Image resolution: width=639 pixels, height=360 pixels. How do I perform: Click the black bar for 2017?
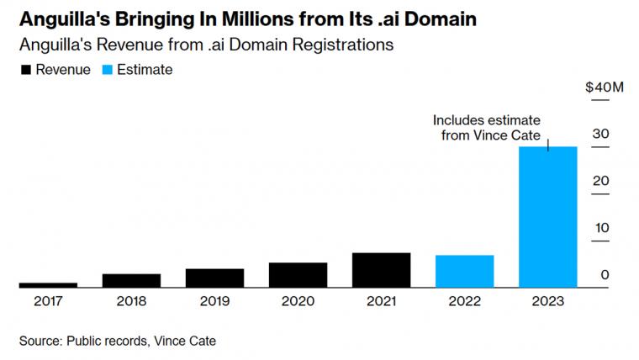pos(48,285)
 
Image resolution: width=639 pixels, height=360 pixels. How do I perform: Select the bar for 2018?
pos(131,280)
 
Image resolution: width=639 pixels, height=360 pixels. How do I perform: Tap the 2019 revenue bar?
pos(214,278)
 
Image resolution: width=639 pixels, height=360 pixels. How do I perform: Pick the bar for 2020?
pos(298,275)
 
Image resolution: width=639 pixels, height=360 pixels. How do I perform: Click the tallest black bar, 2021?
pos(382,270)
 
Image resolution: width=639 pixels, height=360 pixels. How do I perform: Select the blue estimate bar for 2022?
pos(465,272)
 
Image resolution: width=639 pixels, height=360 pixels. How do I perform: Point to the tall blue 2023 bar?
pos(548,217)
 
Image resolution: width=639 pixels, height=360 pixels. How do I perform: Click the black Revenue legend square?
pos(26,70)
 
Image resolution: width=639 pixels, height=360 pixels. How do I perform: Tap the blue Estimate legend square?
pos(107,70)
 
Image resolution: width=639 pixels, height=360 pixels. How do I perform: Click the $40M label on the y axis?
pos(605,87)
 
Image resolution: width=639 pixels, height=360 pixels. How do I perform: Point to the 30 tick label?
pos(600,134)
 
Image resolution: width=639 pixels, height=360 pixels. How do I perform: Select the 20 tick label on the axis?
pos(600,181)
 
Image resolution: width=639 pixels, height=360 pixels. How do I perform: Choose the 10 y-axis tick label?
pos(601,228)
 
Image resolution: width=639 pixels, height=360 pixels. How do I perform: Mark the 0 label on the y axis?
pos(605,275)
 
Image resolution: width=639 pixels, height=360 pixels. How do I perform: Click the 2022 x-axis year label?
pos(465,301)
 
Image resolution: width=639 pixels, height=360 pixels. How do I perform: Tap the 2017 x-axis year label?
pos(48,301)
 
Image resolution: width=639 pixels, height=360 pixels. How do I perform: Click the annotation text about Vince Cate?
pos(487,128)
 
